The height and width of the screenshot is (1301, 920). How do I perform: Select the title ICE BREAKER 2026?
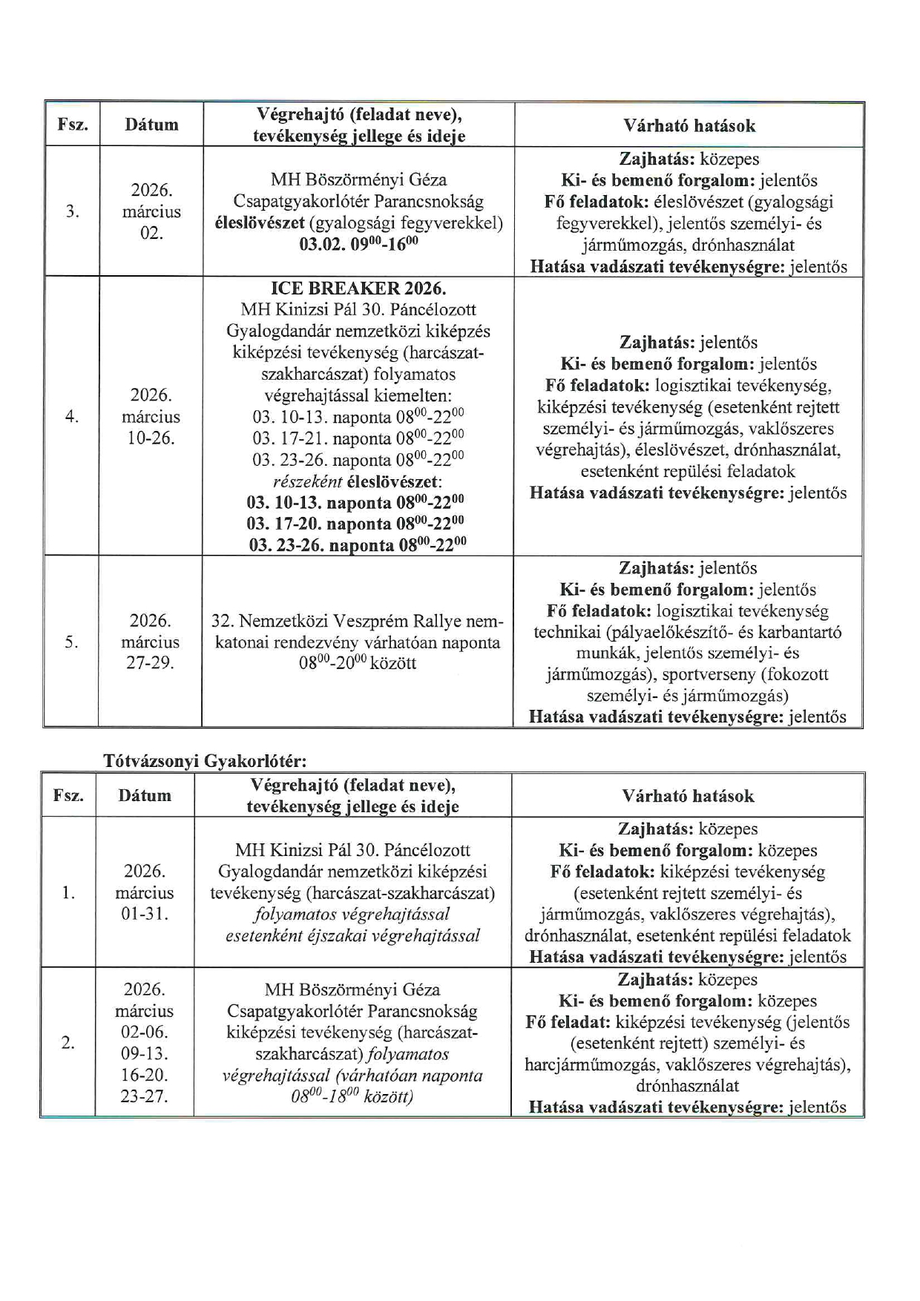coord(358,289)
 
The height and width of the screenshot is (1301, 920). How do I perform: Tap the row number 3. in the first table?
coord(72,211)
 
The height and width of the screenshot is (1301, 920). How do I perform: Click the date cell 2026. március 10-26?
coord(151,416)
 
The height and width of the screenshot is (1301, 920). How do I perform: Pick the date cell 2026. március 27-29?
coord(150,642)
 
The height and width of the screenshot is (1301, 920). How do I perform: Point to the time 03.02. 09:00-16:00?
coord(358,245)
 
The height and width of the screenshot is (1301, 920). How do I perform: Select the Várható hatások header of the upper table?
coord(689,125)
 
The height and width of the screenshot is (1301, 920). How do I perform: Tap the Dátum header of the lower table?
coord(144,796)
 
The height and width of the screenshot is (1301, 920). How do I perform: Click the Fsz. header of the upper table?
coord(72,125)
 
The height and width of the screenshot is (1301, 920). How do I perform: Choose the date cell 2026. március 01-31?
coord(144,892)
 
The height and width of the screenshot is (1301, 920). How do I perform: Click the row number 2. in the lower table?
coord(68,1043)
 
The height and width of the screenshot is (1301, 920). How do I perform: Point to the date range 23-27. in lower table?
coord(144,1096)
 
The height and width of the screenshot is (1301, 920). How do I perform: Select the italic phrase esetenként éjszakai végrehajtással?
coord(352,935)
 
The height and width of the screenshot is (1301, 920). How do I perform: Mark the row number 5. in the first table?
coord(71,642)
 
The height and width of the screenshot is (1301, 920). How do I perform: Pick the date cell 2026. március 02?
coord(151,211)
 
